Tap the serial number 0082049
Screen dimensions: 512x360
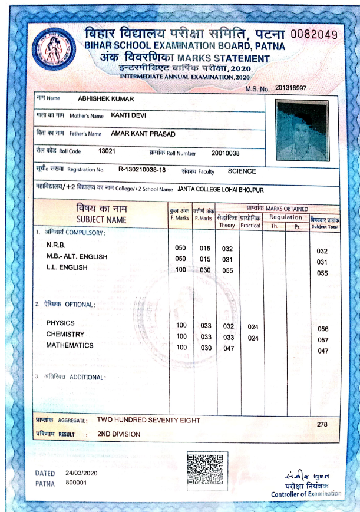point(315,35)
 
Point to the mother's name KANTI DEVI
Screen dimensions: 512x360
point(128,115)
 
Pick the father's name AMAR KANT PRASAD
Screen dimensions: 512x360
point(143,134)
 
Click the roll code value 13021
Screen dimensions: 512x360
point(107,151)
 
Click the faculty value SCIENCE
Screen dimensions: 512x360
point(242,171)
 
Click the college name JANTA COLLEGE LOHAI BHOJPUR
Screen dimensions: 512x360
point(221,190)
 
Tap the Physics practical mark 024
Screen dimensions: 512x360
point(253,326)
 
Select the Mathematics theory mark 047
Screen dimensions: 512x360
point(227,349)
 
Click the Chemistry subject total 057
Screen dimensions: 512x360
point(322,340)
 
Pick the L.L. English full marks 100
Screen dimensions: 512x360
point(181,270)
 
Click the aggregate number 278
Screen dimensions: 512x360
point(322,424)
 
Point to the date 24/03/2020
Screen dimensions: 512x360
point(81,473)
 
